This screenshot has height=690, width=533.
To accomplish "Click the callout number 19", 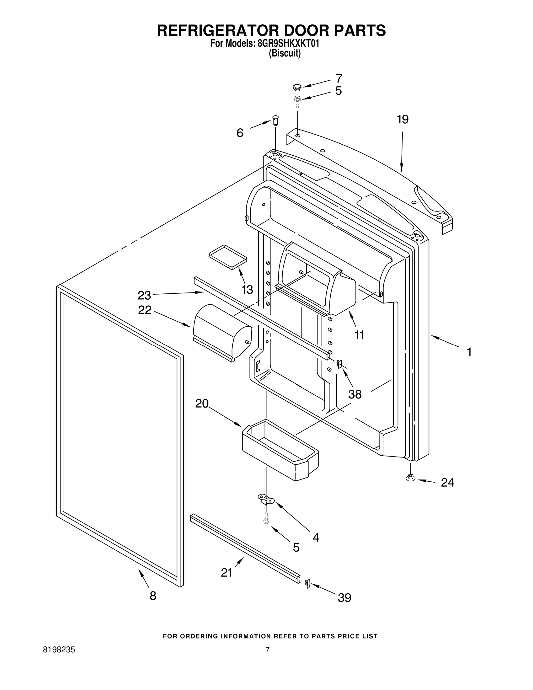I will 402,119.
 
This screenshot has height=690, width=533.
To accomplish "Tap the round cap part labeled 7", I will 297,87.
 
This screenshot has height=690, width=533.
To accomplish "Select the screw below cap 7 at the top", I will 297,101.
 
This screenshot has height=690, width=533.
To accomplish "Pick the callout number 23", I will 144,295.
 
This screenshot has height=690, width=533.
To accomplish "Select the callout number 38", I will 355,394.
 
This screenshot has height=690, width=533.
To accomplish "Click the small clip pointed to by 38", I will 339,364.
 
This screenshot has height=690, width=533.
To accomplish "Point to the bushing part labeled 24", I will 410,478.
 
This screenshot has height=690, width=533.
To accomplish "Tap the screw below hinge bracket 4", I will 266,518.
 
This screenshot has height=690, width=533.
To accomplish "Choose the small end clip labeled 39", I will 307,584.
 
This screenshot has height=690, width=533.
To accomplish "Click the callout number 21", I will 226,572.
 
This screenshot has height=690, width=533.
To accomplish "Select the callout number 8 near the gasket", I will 153,596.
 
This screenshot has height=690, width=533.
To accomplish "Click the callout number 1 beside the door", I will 469,352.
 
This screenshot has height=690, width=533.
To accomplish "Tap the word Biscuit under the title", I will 285,53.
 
